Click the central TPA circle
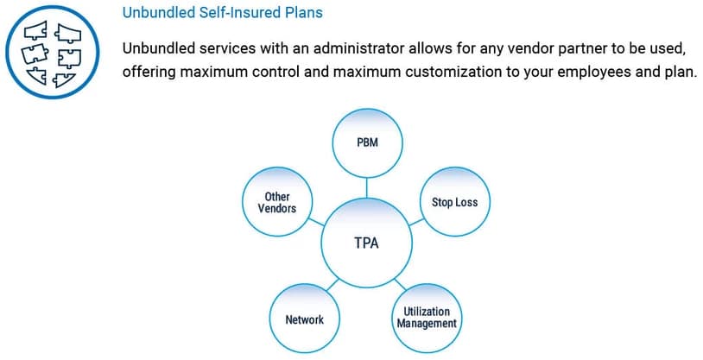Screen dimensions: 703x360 366,243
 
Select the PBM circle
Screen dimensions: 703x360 367,142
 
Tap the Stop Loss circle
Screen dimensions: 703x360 454,202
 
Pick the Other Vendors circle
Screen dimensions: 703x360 277,202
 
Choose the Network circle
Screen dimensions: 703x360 304,319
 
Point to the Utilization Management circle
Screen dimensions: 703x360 427,319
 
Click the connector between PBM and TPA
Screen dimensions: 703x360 367,188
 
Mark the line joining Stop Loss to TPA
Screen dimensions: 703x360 416,223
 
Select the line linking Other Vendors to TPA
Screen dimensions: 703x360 316,222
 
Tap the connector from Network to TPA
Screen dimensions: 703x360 332,285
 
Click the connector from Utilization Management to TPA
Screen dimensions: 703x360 400,284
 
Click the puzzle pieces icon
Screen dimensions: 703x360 53,53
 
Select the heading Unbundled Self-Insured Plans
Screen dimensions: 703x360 222,12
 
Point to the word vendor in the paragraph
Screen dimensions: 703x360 504,48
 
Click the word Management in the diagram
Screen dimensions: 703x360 427,324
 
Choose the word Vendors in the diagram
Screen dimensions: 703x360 277,208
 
